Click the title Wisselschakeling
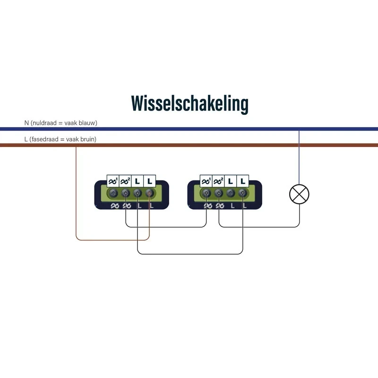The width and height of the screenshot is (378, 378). point(190,103)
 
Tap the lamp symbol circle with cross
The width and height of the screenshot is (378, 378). point(299,194)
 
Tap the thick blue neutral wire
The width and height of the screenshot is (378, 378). point(189,129)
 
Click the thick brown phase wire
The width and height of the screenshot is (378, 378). point(189,145)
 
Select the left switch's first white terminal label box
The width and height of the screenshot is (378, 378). point(113,181)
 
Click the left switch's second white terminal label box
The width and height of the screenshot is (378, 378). point(125,181)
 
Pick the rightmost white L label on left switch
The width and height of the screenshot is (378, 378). point(149,181)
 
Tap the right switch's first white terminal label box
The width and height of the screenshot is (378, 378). point(206,181)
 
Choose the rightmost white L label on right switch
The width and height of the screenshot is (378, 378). point(243,181)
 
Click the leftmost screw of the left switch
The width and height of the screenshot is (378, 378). point(113,193)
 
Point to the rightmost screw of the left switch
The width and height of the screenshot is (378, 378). point(149,193)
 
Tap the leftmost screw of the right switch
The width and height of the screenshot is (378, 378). point(206,193)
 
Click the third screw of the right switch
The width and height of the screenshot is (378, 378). point(231,193)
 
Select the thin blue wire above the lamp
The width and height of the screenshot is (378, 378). point(299,157)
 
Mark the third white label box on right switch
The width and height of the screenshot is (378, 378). point(231,181)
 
